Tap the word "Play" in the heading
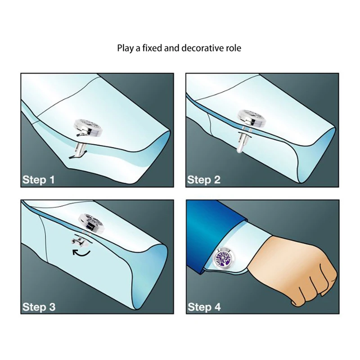126,49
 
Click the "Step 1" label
39,180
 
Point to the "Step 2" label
204,180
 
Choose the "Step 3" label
39,307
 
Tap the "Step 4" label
204,307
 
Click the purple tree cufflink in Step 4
225,259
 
